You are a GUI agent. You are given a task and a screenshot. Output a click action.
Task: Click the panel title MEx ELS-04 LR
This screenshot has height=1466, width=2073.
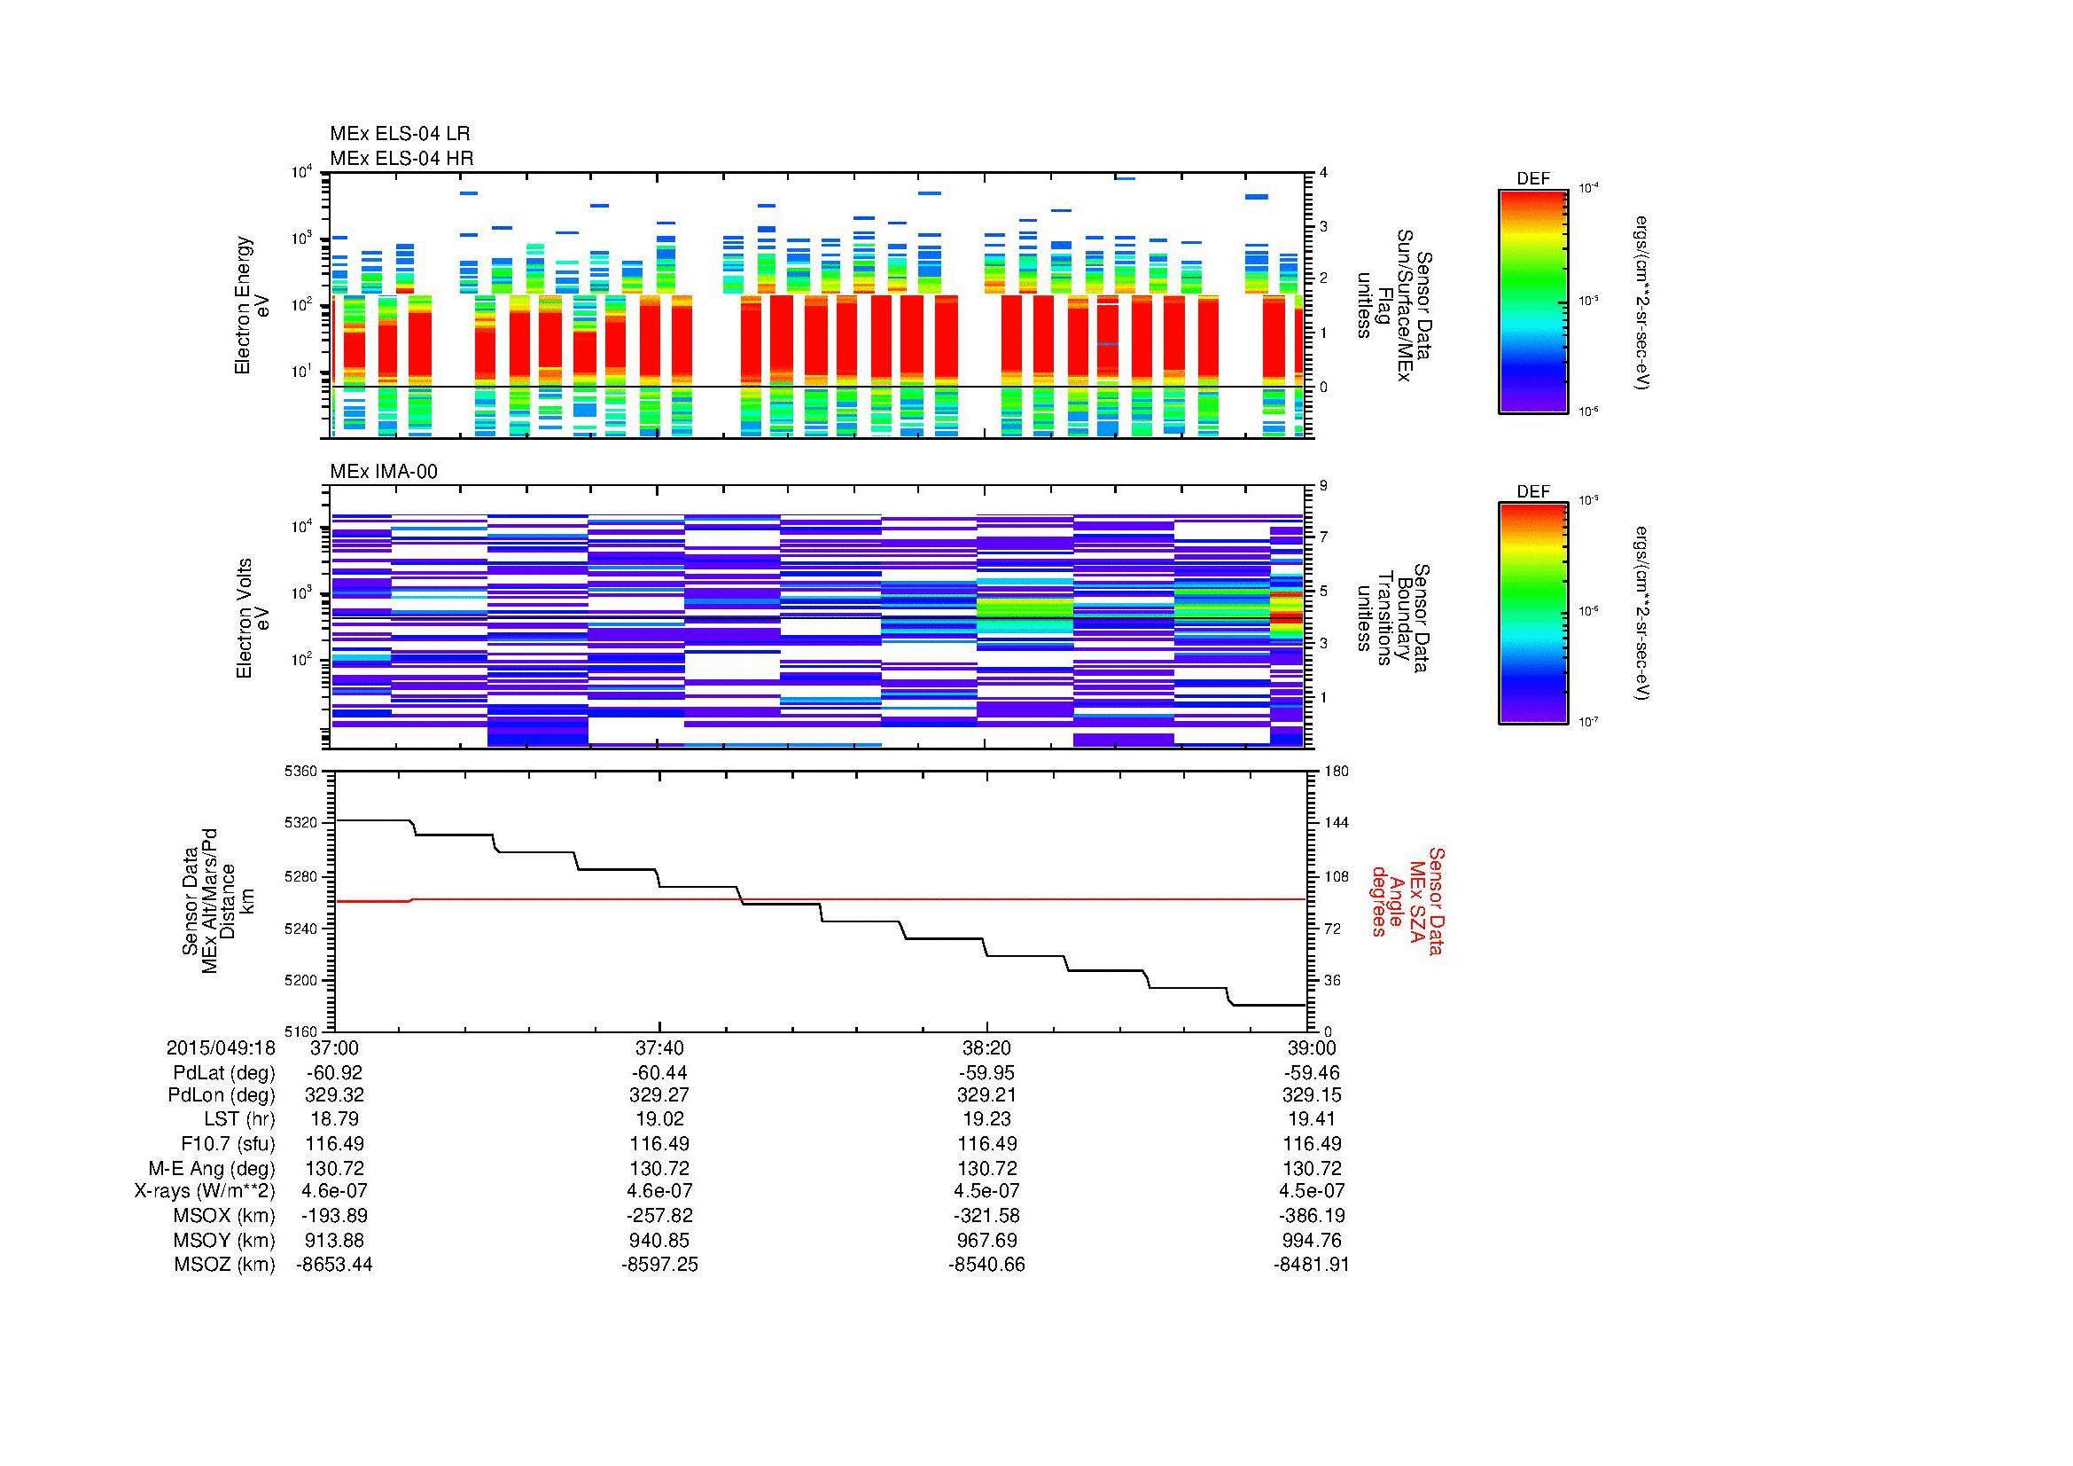coord(399,134)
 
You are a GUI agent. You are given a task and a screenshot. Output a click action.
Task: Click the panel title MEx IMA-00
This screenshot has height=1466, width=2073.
coord(384,472)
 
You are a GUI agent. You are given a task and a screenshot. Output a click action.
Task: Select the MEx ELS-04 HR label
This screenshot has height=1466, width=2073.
coord(401,158)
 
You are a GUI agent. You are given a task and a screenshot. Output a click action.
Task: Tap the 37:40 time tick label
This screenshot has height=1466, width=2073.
coord(659,1047)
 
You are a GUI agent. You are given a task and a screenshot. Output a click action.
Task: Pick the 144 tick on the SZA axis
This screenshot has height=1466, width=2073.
coord(1336,823)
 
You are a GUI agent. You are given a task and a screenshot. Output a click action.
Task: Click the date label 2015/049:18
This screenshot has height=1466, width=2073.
coord(221,1047)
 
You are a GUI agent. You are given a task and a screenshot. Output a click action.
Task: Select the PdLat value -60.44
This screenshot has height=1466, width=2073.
coord(659,1073)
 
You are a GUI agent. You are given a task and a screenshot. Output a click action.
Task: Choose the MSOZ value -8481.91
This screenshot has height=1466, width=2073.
coord(1311,1265)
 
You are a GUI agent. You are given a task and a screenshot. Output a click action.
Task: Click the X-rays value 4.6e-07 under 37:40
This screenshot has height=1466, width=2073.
coord(659,1191)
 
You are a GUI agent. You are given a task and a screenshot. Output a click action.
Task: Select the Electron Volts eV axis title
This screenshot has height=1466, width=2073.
coord(253,618)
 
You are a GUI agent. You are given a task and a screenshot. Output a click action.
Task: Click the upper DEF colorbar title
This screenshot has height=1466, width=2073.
coord(1532,179)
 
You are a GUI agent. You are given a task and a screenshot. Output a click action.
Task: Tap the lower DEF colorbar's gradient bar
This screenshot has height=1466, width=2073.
coord(1532,615)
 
